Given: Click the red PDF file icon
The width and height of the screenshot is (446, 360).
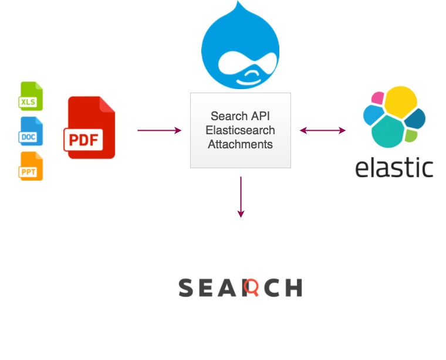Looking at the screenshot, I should pyautogui.click(x=90, y=128).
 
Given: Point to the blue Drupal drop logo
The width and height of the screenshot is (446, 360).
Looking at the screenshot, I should pyautogui.click(x=239, y=47).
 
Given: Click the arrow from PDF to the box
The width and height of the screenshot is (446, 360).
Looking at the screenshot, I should pyautogui.click(x=159, y=130).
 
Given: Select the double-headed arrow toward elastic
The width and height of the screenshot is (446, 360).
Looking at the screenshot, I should pyautogui.click(x=323, y=130).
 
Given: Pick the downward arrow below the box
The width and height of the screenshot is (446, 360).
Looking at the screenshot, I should pyautogui.click(x=241, y=196).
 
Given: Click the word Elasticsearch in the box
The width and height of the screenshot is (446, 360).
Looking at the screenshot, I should pyautogui.click(x=241, y=130).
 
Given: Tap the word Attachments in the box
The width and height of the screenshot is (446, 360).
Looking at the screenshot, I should pyautogui.click(x=241, y=144).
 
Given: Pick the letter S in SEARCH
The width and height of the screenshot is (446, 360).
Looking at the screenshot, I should pyautogui.click(x=186, y=288).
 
